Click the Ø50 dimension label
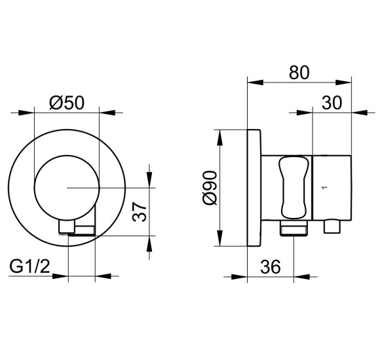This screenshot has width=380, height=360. pos(67,103)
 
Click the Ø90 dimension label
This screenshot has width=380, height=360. pos(210,188)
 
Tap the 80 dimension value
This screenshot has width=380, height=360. pos(299,73)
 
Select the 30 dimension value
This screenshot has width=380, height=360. pos(332,103)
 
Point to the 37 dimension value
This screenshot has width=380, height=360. pos(140,212)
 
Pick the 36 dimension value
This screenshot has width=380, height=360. pos(271,266)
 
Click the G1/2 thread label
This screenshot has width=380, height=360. pos(29,266)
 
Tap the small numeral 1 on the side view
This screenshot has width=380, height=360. pos(326,187)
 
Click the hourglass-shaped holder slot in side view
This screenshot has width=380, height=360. pos(294,188)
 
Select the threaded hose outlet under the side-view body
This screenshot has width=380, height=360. pos(294,228)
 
